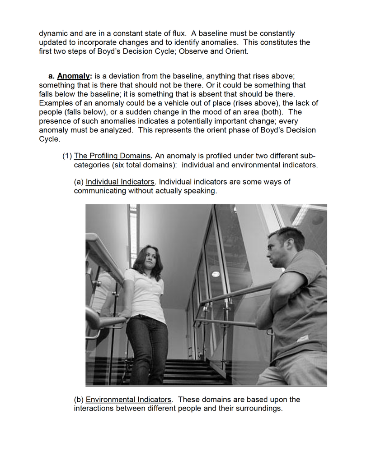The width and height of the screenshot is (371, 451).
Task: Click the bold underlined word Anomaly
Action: click(x=75, y=76)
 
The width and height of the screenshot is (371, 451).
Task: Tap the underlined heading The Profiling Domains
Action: click(x=112, y=156)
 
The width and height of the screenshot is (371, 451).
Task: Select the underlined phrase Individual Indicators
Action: click(x=120, y=182)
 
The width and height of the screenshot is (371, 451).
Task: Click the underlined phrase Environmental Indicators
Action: click(x=129, y=400)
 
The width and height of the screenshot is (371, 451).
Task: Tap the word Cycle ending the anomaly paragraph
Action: click(x=49, y=139)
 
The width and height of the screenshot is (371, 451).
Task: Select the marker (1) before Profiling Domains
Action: click(x=67, y=156)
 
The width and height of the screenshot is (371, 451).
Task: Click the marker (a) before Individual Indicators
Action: click(x=79, y=182)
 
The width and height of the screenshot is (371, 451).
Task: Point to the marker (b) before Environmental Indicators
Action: click(x=79, y=400)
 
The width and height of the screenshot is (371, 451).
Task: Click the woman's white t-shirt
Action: click(x=146, y=293)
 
